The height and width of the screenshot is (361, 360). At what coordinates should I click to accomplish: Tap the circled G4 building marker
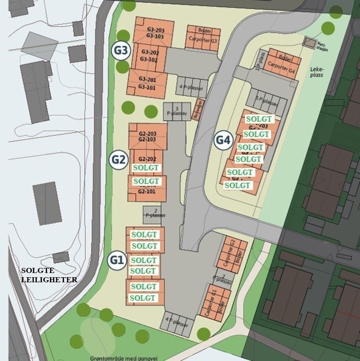pos(223,140)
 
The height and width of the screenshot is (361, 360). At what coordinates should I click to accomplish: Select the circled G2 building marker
pos(119,160)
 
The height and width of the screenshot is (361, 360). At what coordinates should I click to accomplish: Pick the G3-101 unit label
pos(147,88)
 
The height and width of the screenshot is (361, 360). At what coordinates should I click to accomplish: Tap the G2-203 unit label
pos(147,134)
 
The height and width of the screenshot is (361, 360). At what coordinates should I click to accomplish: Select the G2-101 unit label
pos(147,191)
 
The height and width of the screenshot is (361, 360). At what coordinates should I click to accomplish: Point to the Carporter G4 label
pos(280,66)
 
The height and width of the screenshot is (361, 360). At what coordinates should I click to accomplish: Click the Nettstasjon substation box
pos(311,43)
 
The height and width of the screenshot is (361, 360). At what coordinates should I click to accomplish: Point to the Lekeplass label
pos(316,72)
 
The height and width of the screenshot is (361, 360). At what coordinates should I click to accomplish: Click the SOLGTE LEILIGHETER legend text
pos(49,275)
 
